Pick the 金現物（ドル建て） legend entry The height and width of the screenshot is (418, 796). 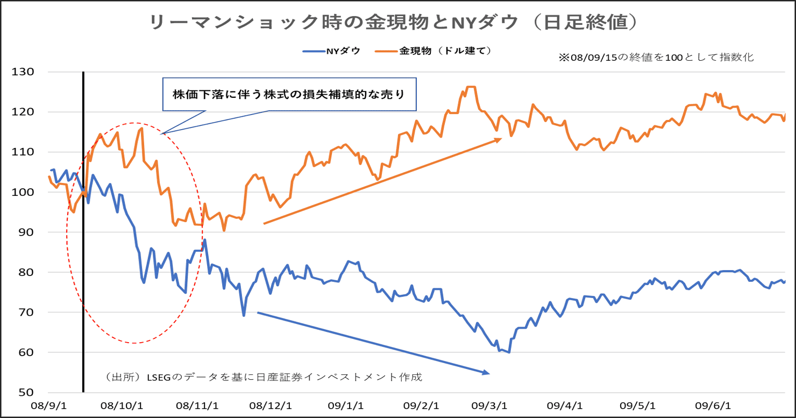pyautogui.click(x=436, y=51)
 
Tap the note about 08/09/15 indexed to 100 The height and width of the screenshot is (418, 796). pyautogui.click(x=656, y=58)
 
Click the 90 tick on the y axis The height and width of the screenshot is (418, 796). pyautogui.click(x=25, y=232)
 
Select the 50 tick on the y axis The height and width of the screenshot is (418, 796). pyautogui.click(x=25, y=393)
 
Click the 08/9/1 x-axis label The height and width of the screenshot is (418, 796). pyautogui.click(x=49, y=405)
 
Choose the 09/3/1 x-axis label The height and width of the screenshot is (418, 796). pyautogui.click(x=492, y=405)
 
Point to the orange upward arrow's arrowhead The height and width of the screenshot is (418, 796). pyautogui.click(x=499, y=139)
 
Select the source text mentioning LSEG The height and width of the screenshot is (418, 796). pyautogui.click(x=264, y=377)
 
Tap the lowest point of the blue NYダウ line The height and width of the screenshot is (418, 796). pyautogui.click(x=508, y=352)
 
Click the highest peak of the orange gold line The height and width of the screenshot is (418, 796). pyautogui.click(x=471, y=87)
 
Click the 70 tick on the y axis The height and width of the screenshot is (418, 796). pyautogui.click(x=25, y=313)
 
